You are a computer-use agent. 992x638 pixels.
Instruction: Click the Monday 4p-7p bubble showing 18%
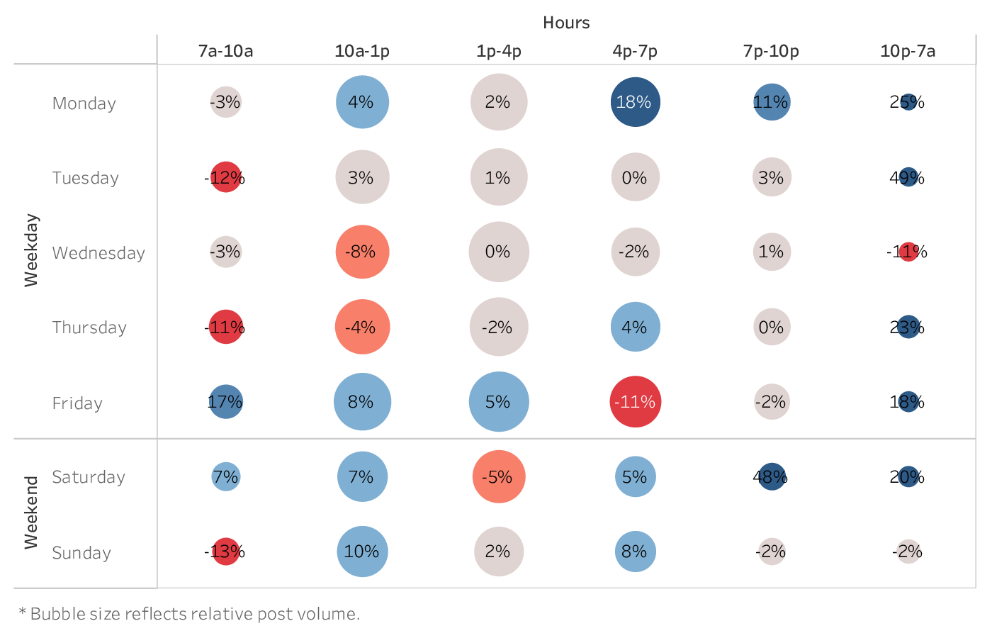[635, 102]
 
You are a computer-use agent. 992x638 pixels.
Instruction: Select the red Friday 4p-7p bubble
[635, 402]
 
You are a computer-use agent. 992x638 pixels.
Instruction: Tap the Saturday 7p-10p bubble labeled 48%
[772, 476]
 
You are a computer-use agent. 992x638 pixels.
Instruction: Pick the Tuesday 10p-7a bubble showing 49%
[908, 177]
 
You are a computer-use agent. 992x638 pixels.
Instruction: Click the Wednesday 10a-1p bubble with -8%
[362, 252]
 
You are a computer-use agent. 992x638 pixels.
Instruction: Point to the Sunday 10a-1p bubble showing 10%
[362, 552]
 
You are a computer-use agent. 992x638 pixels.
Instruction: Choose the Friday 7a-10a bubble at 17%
[225, 402]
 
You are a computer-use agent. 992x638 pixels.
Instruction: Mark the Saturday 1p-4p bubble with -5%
[498, 476]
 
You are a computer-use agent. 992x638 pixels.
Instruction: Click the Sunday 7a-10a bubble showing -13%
[225, 552]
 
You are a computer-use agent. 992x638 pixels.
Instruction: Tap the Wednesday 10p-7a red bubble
[908, 252]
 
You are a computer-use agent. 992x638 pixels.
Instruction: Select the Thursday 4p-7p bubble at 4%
[635, 327]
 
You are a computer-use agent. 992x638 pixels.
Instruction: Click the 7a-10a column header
[225, 51]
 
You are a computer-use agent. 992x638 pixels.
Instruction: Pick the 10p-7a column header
[908, 51]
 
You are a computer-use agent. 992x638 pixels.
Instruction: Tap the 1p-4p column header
[498, 51]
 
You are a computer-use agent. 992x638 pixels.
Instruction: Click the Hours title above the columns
[566, 23]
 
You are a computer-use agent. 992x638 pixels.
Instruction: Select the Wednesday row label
[98, 253]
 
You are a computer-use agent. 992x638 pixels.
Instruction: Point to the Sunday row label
[81, 553]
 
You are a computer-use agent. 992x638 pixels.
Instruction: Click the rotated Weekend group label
[31, 513]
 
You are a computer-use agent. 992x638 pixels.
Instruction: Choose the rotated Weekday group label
[31, 250]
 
